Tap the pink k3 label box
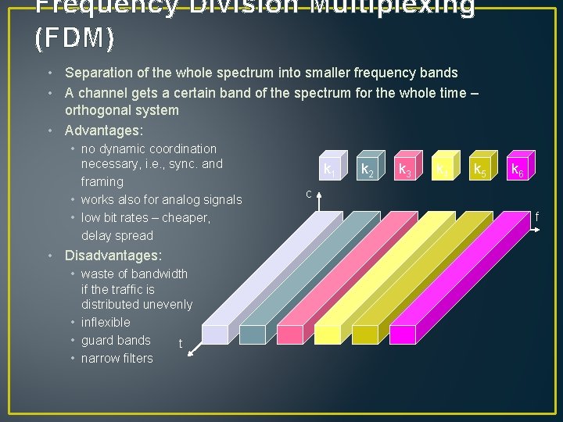point(404,168)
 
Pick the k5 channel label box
point(479,168)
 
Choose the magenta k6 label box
point(517,168)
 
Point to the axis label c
point(309,193)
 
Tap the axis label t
point(181,344)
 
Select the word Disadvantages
point(113,256)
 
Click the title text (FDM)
point(75,36)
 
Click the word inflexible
point(106,322)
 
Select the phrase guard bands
point(116,340)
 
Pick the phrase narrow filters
point(117,358)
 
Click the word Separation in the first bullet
point(102,73)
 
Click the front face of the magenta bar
point(403,334)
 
